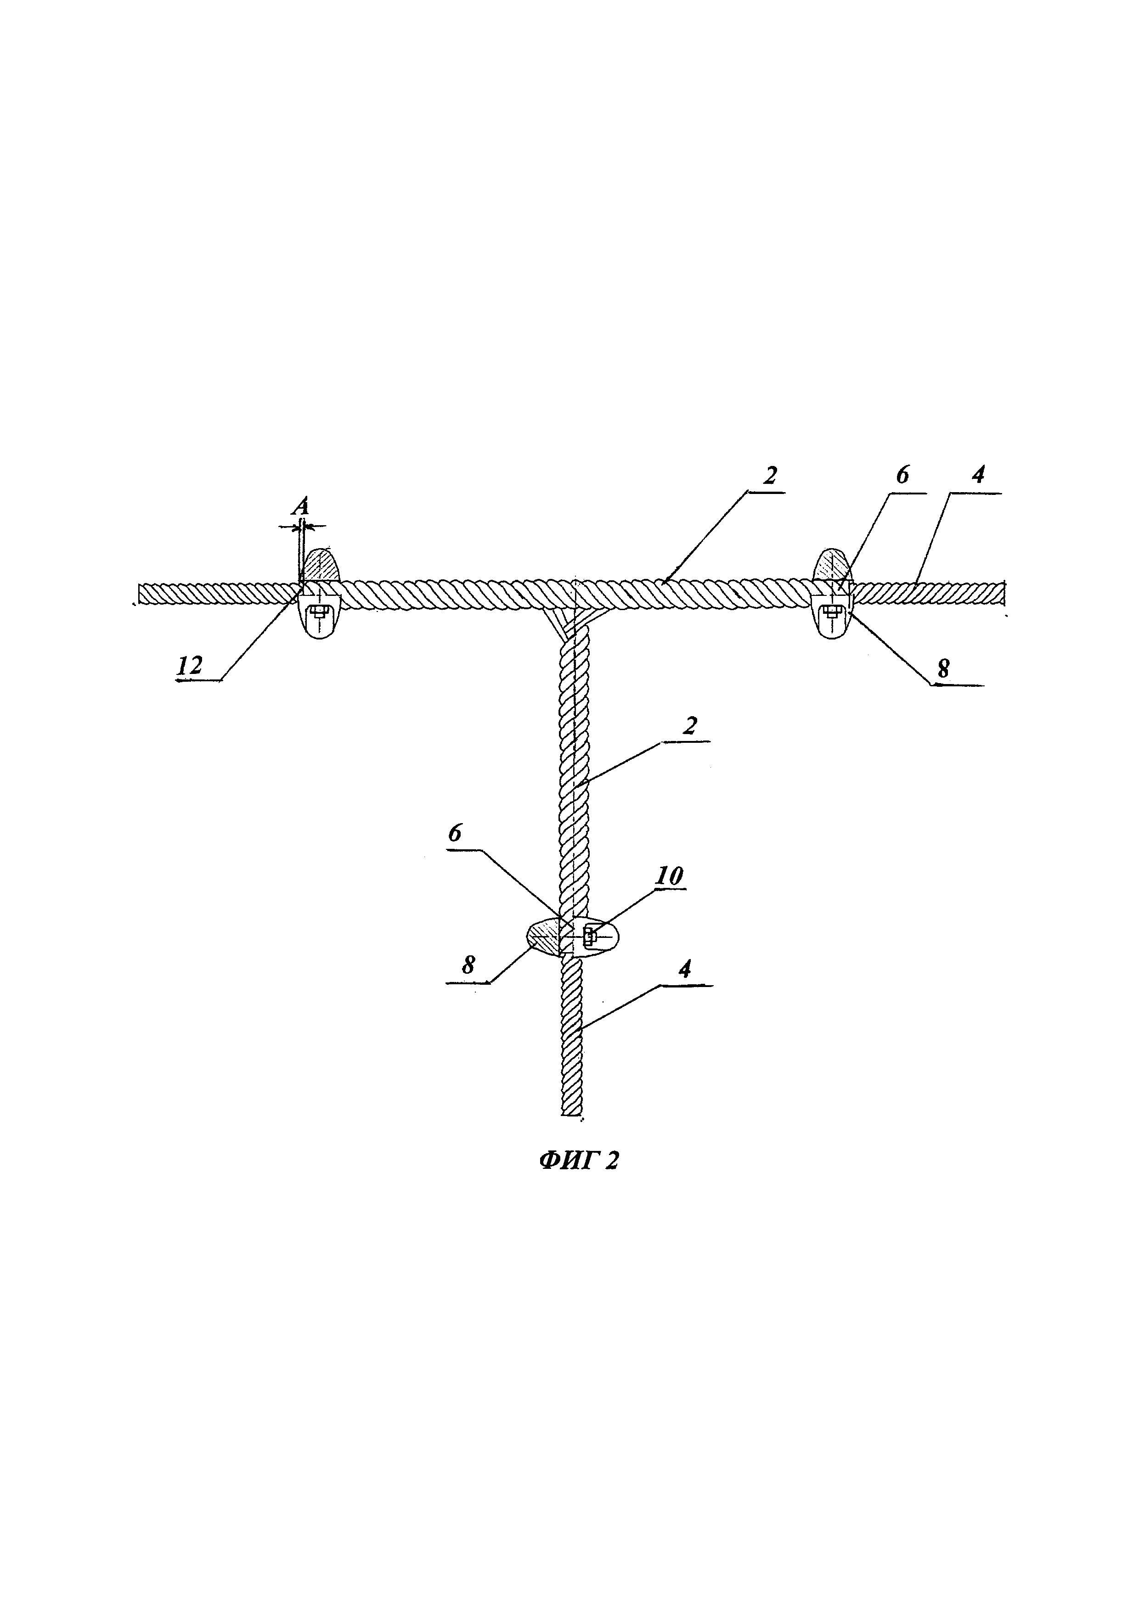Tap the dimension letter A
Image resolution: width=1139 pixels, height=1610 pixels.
click(301, 506)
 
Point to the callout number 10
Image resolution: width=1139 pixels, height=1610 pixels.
click(668, 876)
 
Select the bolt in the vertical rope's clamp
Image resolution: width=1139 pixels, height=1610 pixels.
click(589, 936)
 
